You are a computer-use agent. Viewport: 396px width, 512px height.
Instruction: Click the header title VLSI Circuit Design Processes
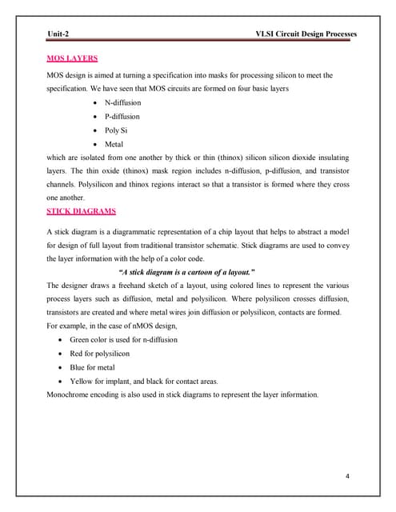click(305, 34)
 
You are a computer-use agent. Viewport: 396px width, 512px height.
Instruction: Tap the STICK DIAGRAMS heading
click(82, 211)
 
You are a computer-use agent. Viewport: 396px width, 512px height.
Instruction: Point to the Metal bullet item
click(114, 143)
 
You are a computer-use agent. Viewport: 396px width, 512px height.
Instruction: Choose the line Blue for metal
click(99, 367)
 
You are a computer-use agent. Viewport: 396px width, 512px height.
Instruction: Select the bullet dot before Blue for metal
click(62, 367)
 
